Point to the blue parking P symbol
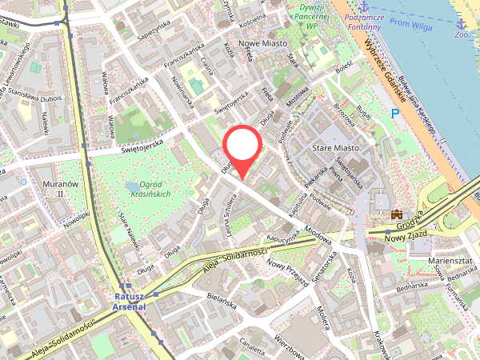(x=395, y=114)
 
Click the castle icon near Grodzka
(x=396, y=214)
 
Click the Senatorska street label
(x=328, y=270)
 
